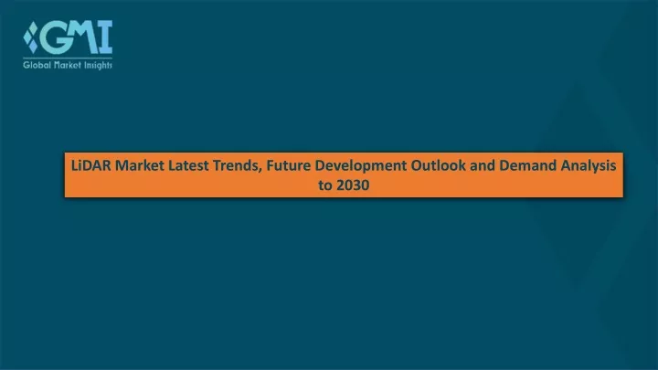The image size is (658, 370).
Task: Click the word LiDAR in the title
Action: (91, 165)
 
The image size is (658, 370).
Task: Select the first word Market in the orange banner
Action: (140, 165)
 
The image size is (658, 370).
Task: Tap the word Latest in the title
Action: (188, 165)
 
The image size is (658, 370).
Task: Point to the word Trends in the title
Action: (236, 165)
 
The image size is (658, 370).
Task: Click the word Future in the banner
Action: (289, 165)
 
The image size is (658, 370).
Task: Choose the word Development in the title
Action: (361, 166)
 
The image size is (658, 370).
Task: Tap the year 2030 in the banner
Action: (353, 185)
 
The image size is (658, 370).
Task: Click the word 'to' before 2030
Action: (325, 185)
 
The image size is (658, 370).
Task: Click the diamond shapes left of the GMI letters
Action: (31, 37)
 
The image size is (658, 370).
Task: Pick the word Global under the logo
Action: (37, 65)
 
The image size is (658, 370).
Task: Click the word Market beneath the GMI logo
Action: (67, 65)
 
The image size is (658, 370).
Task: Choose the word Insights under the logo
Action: (98, 66)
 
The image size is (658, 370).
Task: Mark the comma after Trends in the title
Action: (261, 170)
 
